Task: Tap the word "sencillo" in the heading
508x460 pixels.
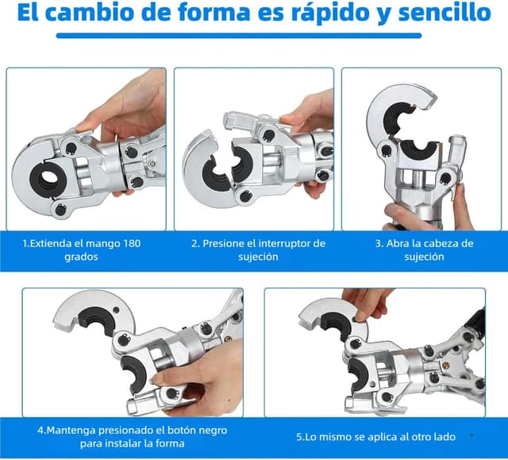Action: coord(444,12)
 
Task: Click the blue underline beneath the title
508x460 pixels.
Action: coord(239,36)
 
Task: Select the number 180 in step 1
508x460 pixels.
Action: coord(132,243)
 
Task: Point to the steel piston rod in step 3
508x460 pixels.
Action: coord(418,179)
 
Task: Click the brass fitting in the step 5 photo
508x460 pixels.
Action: coord(447,365)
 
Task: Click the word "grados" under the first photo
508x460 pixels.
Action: coord(81,257)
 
